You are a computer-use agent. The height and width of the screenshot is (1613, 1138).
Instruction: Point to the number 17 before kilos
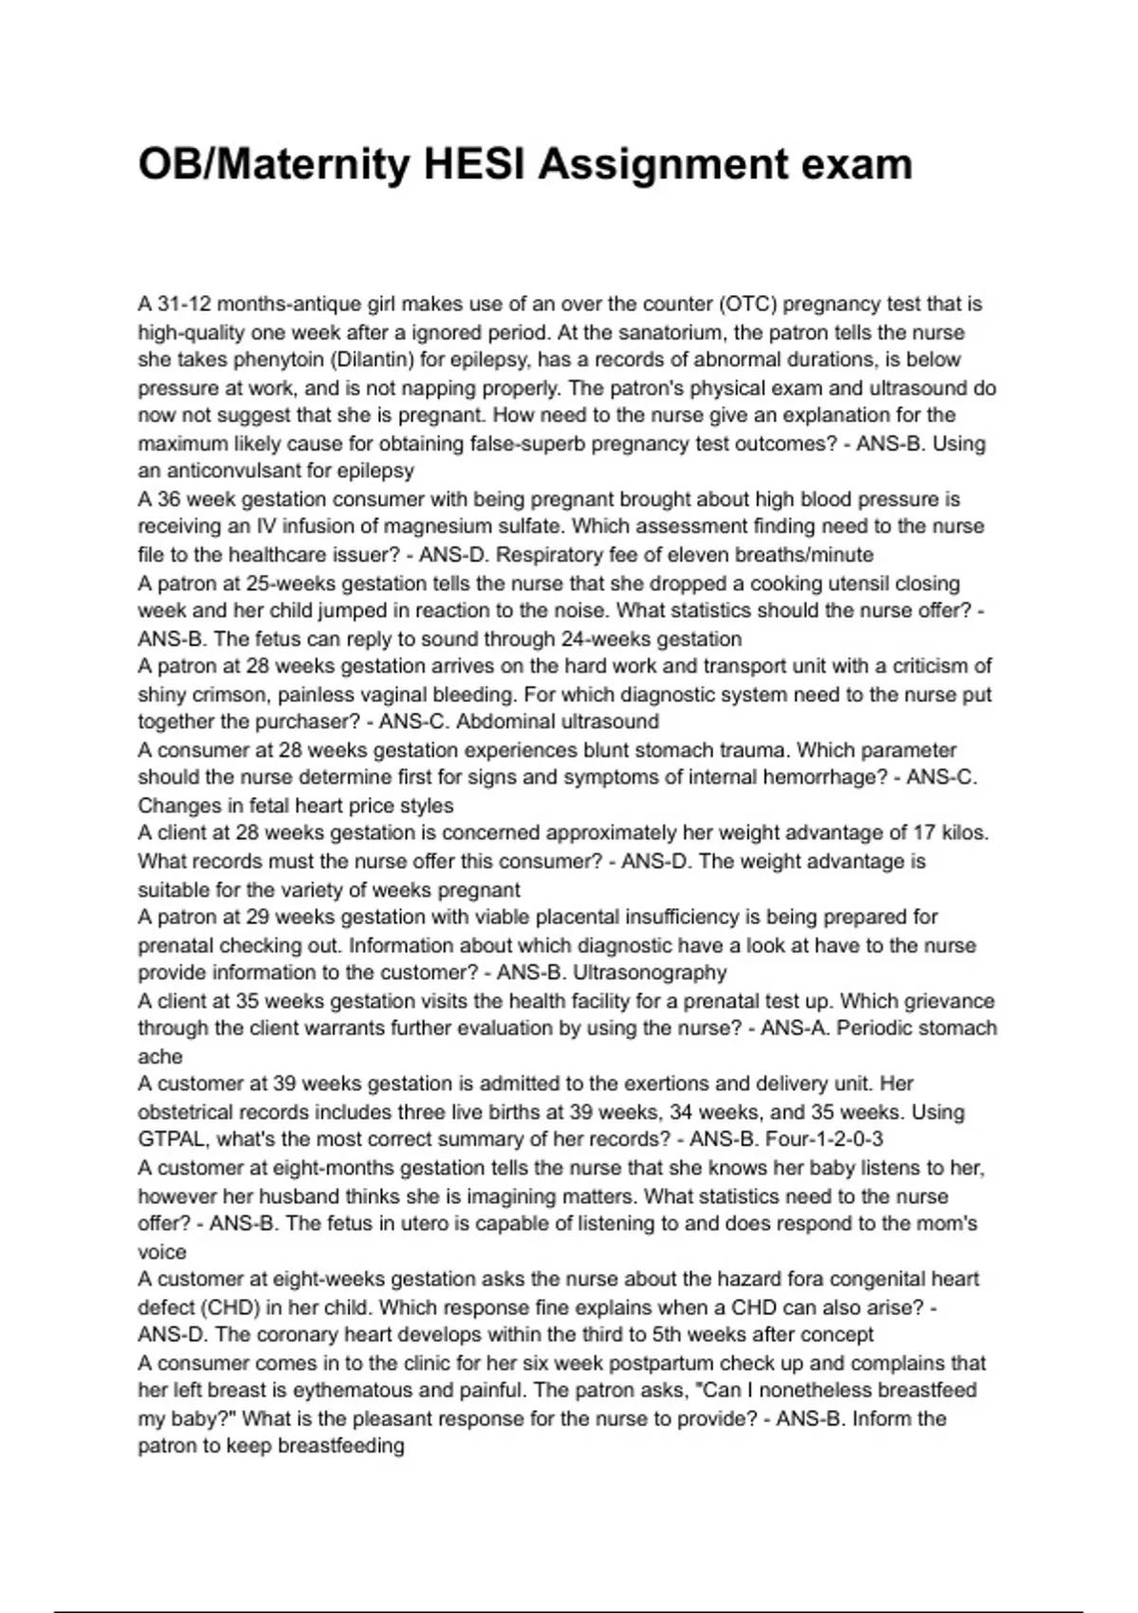(924, 833)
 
